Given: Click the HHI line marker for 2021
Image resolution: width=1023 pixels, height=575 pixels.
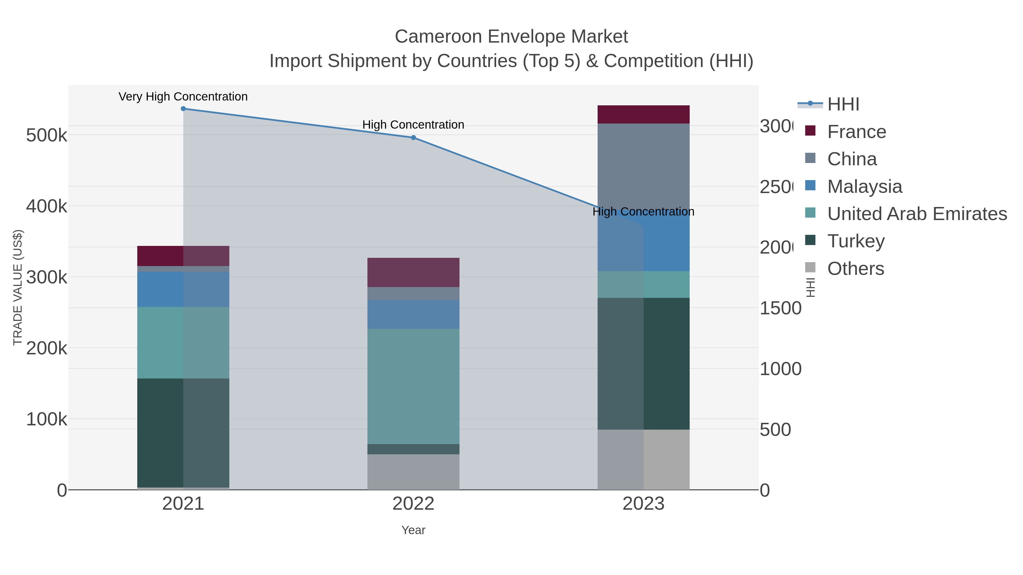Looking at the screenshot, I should (183, 109).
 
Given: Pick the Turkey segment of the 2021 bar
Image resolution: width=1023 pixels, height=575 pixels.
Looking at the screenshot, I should (183, 432).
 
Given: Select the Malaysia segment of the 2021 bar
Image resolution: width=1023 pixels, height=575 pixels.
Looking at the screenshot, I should (183, 289).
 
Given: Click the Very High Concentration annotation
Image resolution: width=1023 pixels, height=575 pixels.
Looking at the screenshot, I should (183, 97).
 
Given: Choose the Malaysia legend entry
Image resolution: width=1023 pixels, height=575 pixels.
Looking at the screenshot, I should (864, 187).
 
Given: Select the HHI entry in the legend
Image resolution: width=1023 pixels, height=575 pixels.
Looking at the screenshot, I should (843, 104).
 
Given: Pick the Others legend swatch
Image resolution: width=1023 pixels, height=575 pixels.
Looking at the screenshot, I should (810, 268).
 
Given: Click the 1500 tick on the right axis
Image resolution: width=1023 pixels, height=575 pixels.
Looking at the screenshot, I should (780, 308).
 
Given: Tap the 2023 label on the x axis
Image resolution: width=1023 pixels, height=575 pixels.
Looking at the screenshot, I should (643, 503).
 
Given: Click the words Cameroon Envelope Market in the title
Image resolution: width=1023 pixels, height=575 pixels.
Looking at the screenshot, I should (511, 37).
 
